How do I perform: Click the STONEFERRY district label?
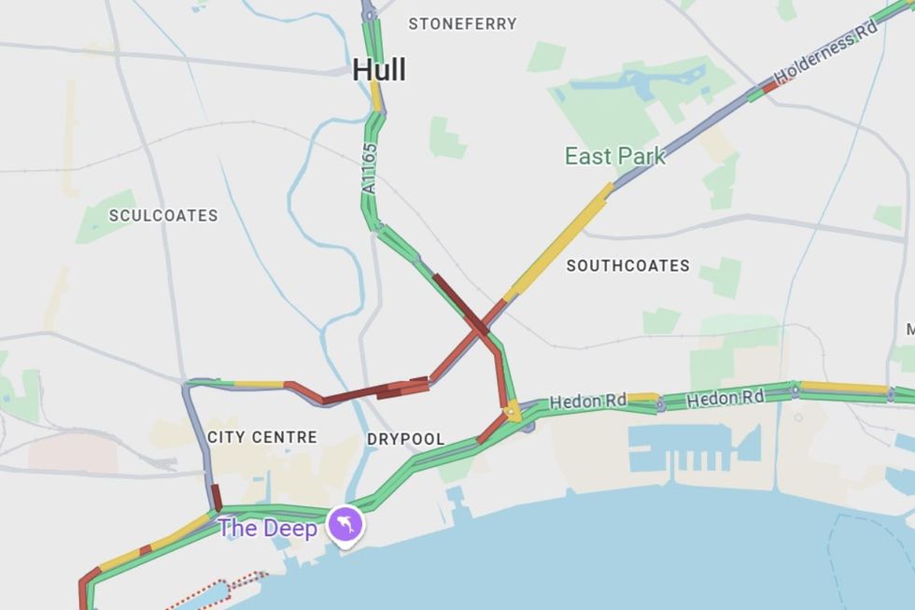pyautogui.click(x=462, y=23)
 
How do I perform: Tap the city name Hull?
pyautogui.click(x=379, y=70)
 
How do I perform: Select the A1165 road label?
pyautogui.click(x=370, y=168)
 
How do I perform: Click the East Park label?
pyautogui.click(x=615, y=156)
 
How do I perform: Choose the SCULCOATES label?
pyautogui.click(x=163, y=215)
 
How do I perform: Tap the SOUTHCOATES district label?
pyautogui.click(x=628, y=265)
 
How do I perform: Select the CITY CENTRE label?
pyautogui.click(x=262, y=437)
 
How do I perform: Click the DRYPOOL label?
pyautogui.click(x=405, y=439)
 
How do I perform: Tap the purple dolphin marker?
pyautogui.click(x=345, y=525)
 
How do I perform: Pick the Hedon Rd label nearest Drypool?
pyautogui.click(x=588, y=402)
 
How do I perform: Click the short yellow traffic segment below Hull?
pyautogui.click(x=375, y=95)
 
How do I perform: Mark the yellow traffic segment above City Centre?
pyautogui.click(x=259, y=384)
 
